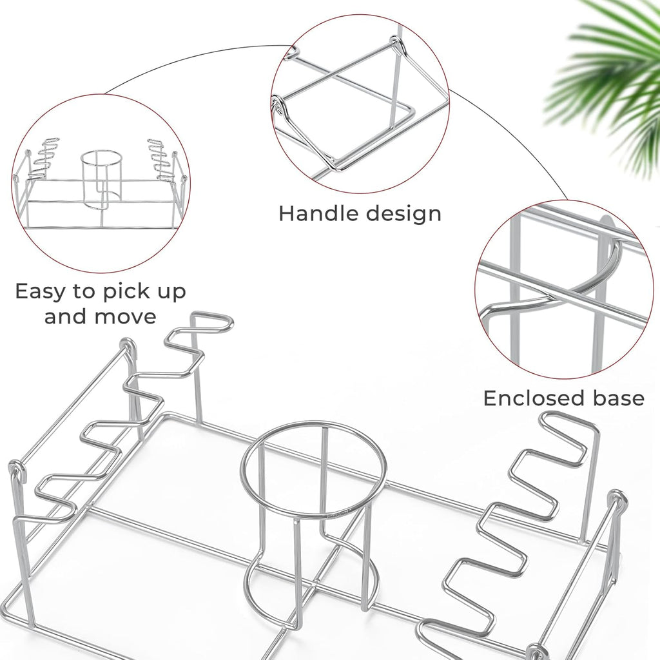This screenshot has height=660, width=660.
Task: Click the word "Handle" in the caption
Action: (318, 213)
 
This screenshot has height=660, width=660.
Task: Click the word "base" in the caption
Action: (619, 398)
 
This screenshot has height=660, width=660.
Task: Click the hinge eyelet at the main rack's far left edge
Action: (15, 469)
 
